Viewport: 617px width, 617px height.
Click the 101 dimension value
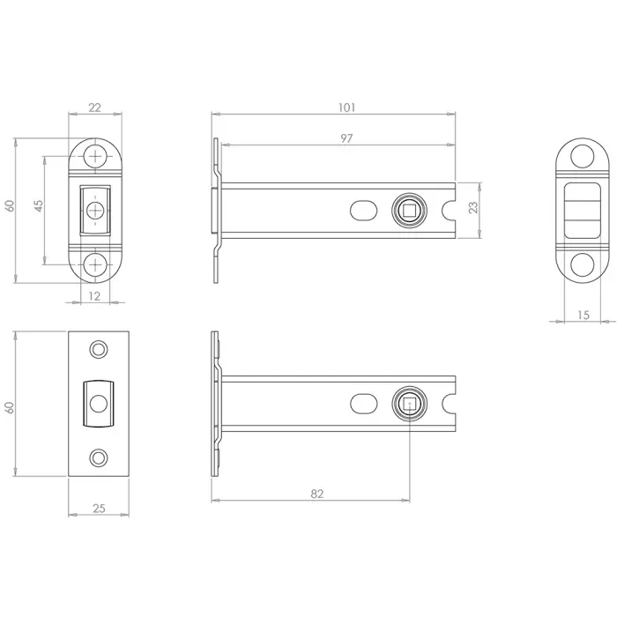[346, 108]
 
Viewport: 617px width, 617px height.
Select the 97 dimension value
[346, 138]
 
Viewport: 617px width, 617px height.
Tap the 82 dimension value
[316, 494]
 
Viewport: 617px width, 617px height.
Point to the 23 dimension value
[473, 207]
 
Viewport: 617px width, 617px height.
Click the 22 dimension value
[94, 108]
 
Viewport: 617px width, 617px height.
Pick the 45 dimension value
[39, 205]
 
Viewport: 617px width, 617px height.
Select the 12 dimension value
[94, 296]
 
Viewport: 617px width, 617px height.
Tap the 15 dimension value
[584, 315]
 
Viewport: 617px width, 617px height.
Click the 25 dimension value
[99, 509]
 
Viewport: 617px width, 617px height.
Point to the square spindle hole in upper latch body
[409, 211]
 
